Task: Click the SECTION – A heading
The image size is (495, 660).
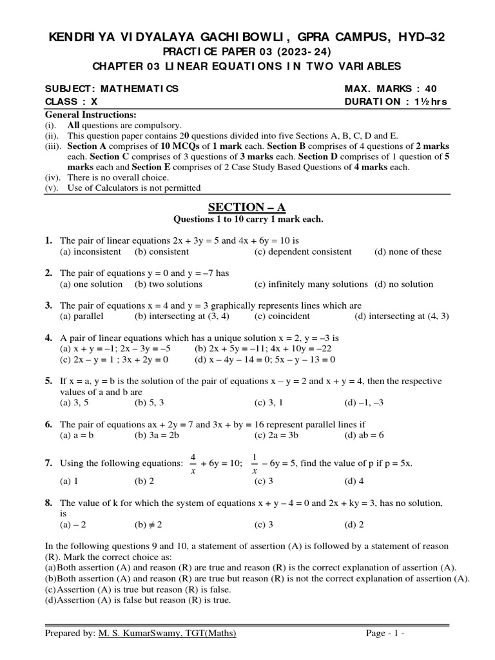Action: click(x=247, y=206)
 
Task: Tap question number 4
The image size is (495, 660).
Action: click(x=48, y=338)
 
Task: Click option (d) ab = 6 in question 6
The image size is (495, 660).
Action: click(x=364, y=435)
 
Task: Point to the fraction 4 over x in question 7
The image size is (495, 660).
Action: click(x=192, y=464)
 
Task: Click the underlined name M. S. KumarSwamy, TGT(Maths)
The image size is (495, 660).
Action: click(x=167, y=634)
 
